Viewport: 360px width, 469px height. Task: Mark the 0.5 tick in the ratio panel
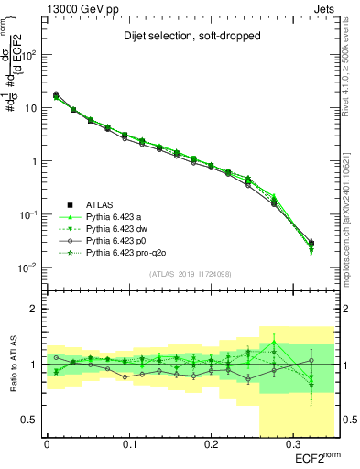click(x=30, y=420)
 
